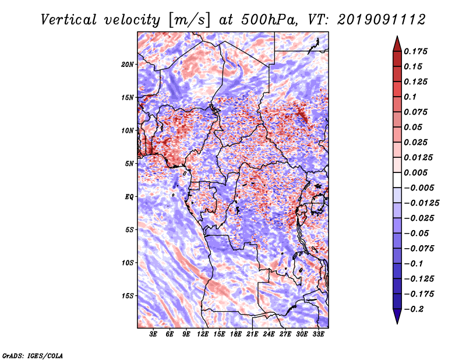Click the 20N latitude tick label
(128, 65)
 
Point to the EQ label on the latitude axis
(129, 197)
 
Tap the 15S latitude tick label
(128, 296)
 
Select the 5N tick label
(129, 164)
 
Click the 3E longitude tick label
(153, 334)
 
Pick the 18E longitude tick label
(236, 334)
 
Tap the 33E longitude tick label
(318, 334)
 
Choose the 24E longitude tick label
(269, 334)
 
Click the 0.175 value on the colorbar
(415, 51)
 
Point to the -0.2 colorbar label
(414, 309)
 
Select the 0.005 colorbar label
(415, 172)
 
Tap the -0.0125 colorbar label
(421, 203)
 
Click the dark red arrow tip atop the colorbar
(397, 37)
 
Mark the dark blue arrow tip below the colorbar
(397, 323)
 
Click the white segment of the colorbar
(397, 180)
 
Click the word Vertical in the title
(69, 20)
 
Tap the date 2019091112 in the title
(382, 20)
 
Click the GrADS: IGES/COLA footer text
(33, 355)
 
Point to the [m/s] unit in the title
(189, 20)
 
